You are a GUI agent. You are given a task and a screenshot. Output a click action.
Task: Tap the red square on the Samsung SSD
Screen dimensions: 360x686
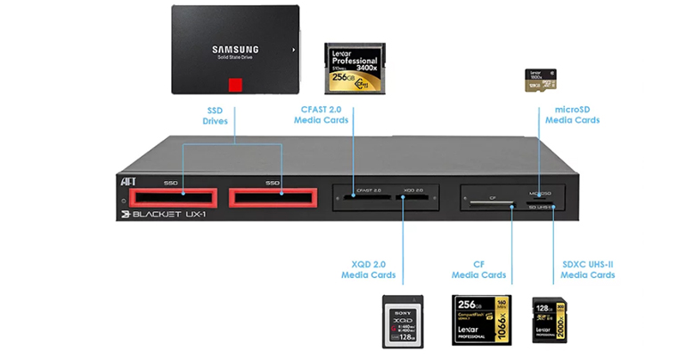coord(235,86)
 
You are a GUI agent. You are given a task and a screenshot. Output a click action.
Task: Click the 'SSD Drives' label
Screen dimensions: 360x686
coord(216,116)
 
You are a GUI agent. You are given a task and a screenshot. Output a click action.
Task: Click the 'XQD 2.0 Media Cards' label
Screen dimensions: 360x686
coord(368,269)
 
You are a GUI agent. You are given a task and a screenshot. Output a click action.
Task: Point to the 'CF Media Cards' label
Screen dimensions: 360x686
coord(478,269)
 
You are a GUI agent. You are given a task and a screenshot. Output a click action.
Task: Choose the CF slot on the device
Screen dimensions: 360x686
coord(490,202)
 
